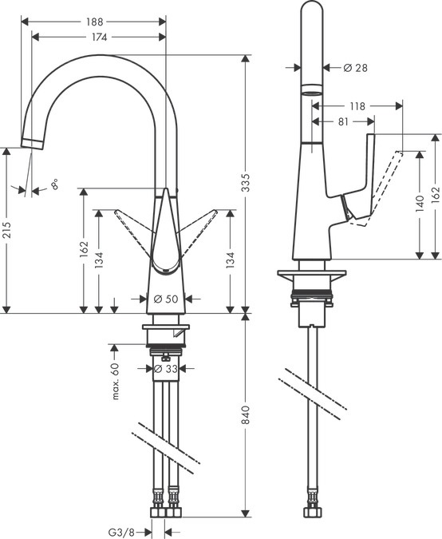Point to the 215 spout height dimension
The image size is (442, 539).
point(6,231)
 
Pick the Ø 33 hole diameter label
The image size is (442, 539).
point(164,369)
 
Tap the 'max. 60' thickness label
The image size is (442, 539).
point(115,381)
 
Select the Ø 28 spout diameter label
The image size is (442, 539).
point(355,68)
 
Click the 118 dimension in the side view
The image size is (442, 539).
point(357,105)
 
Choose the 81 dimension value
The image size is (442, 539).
point(344,121)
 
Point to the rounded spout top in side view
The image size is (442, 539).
point(314,11)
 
